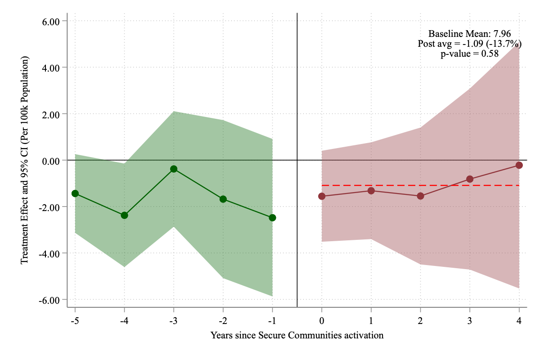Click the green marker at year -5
[x=75, y=193]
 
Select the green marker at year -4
[x=124, y=215]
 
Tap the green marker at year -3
[x=174, y=169]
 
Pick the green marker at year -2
[x=223, y=199]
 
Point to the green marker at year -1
[x=272, y=218]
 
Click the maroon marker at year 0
[x=322, y=196]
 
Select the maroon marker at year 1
[x=371, y=191]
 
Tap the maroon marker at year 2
[x=420, y=196]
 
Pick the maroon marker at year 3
[x=470, y=179]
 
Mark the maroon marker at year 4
[x=519, y=165]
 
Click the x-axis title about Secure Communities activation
[x=297, y=335]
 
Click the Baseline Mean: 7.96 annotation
[x=469, y=34]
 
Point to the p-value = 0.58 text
[x=469, y=54]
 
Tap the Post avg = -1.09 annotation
[x=469, y=44]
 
